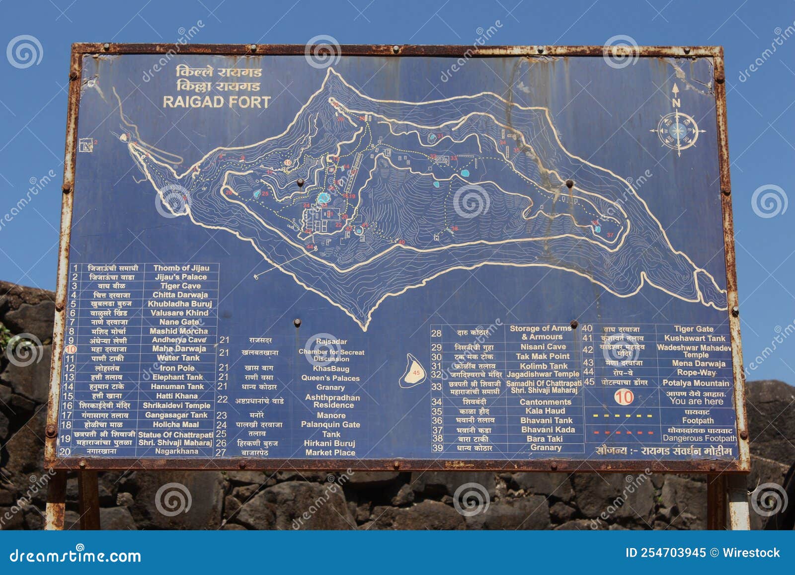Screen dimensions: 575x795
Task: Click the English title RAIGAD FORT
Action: (217, 102)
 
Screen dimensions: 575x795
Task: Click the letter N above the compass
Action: (676, 103)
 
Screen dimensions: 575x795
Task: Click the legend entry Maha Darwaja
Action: (179, 349)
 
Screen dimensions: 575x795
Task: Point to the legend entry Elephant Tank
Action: (178, 377)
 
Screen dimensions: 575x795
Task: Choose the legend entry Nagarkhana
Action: (176, 451)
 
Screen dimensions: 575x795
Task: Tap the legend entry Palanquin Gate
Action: (330, 424)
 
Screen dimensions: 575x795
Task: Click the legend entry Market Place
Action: (330, 453)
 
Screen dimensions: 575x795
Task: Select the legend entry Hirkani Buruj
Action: (329, 443)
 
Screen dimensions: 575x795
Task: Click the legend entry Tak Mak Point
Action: (543, 356)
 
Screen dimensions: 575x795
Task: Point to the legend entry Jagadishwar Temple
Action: (543, 374)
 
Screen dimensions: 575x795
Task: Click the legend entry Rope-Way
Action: (696, 373)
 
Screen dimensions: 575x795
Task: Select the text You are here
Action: (696, 401)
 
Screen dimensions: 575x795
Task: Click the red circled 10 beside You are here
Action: (624, 397)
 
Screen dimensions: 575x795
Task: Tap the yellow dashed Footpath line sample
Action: (623, 415)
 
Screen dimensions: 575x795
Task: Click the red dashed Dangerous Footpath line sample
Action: (623, 433)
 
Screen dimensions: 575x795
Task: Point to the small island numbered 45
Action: (412, 372)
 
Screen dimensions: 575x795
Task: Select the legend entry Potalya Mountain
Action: (696, 383)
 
